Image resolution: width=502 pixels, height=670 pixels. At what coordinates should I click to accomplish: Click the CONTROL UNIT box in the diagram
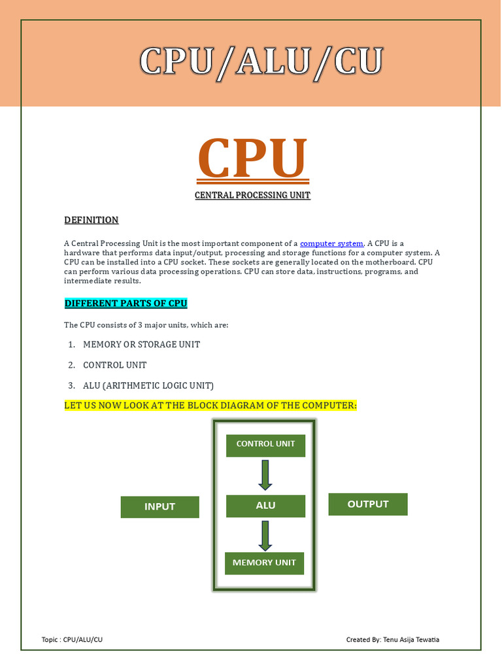(x=265, y=444)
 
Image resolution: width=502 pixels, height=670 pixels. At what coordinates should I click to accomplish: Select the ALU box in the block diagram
(x=265, y=506)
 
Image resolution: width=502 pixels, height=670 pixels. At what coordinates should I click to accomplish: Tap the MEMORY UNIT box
(x=264, y=563)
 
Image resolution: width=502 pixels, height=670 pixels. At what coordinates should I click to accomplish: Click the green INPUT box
(x=159, y=506)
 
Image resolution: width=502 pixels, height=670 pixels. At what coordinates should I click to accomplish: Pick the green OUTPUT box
(x=367, y=504)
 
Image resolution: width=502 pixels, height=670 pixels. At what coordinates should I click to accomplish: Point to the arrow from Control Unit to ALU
(x=265, y=475)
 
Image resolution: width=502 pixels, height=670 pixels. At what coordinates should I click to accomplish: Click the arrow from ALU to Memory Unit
(x=265, y=536)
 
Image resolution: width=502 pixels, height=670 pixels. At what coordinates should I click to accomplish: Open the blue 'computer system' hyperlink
(x=331, y=243)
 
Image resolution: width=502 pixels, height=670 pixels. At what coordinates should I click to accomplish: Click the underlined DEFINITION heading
(x=92, y=220)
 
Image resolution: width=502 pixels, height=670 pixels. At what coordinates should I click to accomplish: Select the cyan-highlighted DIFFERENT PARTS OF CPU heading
(x=126, y=304)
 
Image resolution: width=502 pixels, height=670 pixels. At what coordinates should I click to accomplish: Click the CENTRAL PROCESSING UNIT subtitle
(x=252, y=196)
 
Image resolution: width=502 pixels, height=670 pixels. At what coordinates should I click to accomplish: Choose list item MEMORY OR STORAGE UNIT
(x=141, y=344)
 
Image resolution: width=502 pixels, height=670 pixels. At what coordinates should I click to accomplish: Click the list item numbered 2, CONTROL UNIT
(x=115, y=365)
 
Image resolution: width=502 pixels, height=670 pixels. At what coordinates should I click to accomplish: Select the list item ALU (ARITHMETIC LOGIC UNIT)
(x=148, y=385)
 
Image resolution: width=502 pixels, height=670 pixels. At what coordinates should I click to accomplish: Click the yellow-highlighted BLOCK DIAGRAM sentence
(x=210, y=406)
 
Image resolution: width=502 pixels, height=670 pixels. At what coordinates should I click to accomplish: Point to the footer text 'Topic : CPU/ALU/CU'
(x=72, y=639)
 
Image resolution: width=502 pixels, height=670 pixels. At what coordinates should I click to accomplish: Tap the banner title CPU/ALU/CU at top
(x=260, y=63)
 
